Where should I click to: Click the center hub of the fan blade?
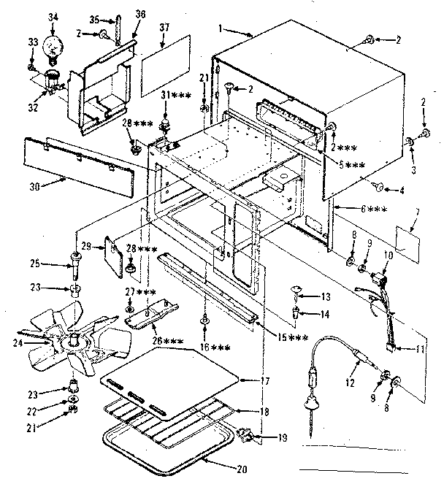[75, 340]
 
